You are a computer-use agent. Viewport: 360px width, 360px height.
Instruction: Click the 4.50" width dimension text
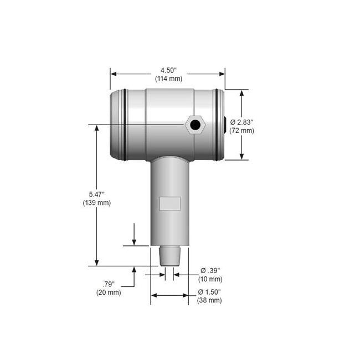[168, 70]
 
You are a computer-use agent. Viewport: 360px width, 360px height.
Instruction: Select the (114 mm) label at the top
[168, 79]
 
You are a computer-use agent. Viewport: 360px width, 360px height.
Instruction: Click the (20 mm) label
[109, 292]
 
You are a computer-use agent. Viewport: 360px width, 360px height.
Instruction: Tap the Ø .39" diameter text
[210, 270]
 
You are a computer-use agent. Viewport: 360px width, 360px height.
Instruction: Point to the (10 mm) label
[209, 279]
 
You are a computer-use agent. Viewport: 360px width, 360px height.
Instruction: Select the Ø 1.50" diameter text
[210, 291]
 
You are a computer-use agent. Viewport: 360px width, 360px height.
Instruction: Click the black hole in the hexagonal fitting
[195, 125]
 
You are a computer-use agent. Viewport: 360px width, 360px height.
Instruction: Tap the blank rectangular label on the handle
[169, 203]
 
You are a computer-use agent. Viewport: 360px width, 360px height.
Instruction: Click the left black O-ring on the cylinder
[125, 125]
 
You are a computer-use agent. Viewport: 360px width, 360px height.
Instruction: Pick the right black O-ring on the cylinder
[215, 125]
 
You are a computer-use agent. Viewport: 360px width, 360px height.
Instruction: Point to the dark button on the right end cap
[225, 125]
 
